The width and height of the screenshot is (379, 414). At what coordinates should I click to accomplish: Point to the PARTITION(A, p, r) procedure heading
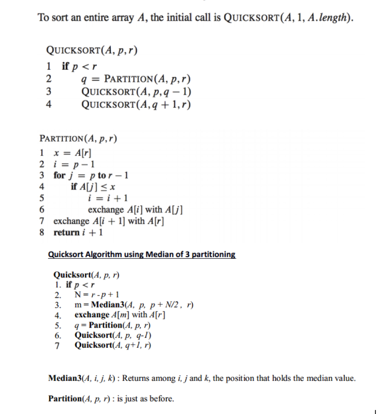pyautogui.click(x=78, y=139)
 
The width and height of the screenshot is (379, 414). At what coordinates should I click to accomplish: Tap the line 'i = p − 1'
pyautogui.click(x=74, y=164)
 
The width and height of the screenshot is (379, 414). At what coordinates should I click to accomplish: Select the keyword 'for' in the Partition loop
pyautogui.click(x=59, y=175)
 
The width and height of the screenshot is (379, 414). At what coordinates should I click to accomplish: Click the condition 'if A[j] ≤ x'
pyautogui.click(x=93, y=187)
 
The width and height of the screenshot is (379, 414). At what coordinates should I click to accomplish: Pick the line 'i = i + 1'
pyautogui.click(x=108, y=198)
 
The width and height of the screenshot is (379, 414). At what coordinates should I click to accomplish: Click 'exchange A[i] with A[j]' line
pyautogui.click(x=136, y=209)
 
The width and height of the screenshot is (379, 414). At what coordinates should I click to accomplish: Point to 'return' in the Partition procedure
pyautogui.click(x=67, y=232)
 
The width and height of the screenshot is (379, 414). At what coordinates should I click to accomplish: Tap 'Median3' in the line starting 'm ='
pyautogui.click(x=106, y=304)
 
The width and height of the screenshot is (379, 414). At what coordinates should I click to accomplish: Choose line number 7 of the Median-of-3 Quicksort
pyautogui.click(x=57, y=345)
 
